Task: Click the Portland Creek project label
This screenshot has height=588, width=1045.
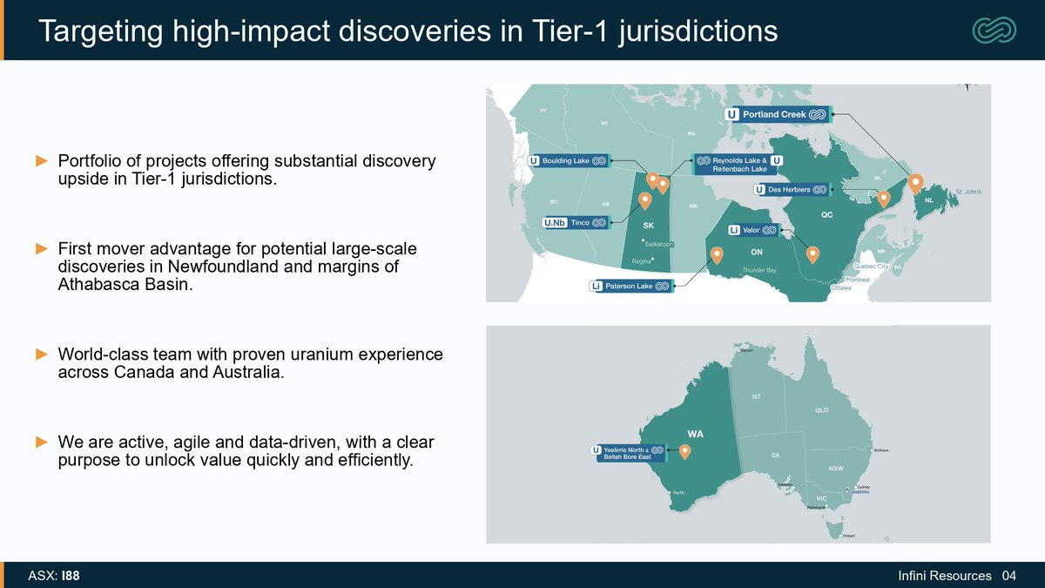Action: (x=779, y=114)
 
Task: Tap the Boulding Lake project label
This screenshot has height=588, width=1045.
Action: (x=569, y=160)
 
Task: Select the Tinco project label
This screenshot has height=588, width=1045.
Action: (x=576, y=223)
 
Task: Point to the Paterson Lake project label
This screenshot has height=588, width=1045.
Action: (x=630, y=286)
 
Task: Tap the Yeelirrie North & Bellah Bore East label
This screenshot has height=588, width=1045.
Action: (x=628, y=452)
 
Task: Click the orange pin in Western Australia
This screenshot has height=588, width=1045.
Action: (x=684, y=450)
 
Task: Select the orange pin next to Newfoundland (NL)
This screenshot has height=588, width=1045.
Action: (x=914, y=182)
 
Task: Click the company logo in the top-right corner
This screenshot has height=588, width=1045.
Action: (x=994, y=30)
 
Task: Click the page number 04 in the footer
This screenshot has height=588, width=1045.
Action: (x=1009, y=576)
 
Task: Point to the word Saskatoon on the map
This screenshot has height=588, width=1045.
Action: (x=659, y=243)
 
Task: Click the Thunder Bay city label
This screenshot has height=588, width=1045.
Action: (x=758, y=271)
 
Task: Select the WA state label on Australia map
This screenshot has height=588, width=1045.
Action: (x=696, y=434)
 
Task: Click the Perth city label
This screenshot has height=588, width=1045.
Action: (x=678, y=493)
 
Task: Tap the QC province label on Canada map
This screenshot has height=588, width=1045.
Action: (x=828, y=213)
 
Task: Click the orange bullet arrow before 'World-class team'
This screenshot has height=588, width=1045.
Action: (x=41, y=355)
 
